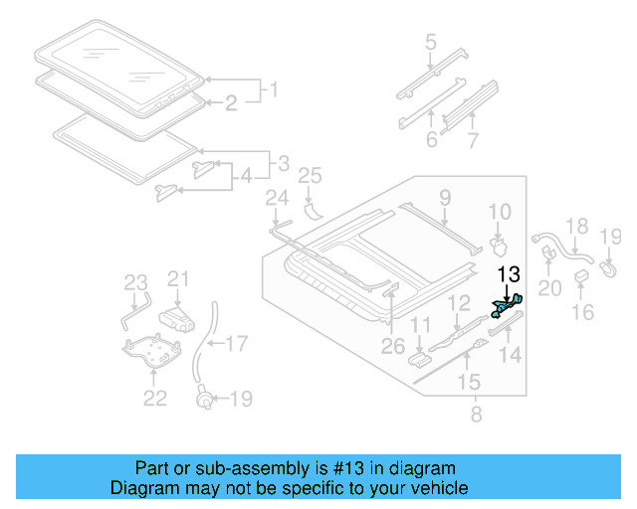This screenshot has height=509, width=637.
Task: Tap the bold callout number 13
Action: [x=509, y=274]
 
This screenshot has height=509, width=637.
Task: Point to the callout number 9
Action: [x=445, y=197]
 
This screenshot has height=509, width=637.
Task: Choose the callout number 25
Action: [x=310, y=177]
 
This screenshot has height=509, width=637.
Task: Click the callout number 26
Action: [x=394, y=345]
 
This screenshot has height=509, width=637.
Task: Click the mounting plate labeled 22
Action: [x=149, y=351]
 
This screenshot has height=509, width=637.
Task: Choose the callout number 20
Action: [x=550, y=288]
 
